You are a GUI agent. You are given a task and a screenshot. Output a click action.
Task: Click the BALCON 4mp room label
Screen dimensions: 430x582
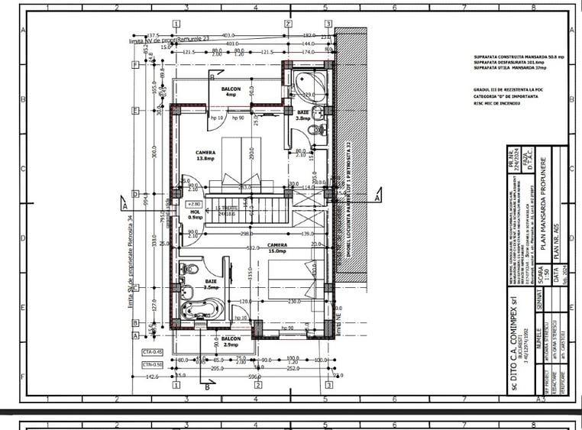231,92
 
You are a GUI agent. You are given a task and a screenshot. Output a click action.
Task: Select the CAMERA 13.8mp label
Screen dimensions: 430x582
205,155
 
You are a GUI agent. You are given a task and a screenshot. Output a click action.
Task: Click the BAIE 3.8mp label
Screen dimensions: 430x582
302,115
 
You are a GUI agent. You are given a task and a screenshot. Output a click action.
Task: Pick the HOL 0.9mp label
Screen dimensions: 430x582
196,215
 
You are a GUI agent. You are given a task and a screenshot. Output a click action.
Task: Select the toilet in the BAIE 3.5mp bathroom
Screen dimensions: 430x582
189,270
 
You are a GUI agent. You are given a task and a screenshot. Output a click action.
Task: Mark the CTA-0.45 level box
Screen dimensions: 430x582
153,351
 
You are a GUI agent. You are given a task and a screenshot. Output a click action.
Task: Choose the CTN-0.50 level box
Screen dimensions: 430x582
153,364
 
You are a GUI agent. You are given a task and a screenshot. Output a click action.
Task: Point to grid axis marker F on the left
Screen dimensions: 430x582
135,65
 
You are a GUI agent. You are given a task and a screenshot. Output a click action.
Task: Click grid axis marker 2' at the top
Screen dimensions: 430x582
288,24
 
